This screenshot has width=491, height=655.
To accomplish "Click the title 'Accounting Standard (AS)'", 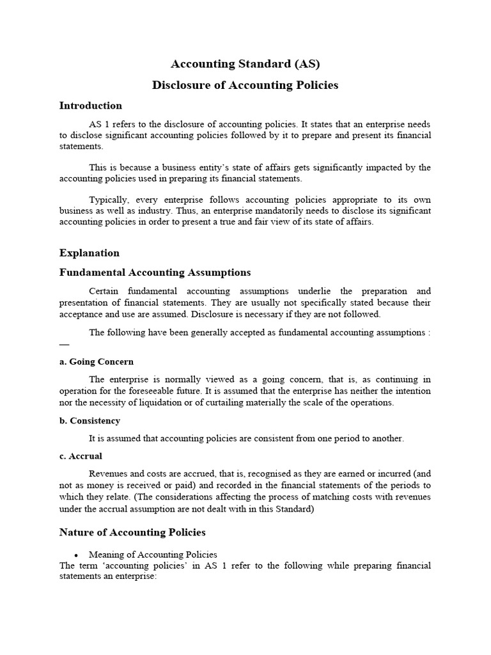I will pos(245,64).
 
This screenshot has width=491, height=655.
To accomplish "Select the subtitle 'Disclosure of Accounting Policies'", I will pos(245,85).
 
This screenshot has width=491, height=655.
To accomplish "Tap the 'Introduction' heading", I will pos(90,106).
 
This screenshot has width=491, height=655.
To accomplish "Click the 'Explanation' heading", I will pos(89,253).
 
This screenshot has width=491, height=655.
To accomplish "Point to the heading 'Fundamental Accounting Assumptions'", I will pos(155,272).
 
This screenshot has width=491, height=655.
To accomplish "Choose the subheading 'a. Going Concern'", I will pos(96,361).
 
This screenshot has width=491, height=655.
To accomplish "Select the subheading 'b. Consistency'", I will pos(90,421).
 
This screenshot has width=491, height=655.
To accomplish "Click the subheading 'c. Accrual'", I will pos(81,456).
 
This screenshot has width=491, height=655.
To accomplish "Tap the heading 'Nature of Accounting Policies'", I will pos(132,532).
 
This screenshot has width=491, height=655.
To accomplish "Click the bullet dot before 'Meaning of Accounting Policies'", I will pos(76,555).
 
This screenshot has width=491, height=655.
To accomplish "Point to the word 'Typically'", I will pos(108,199).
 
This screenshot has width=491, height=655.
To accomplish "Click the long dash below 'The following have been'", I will pos(64,344).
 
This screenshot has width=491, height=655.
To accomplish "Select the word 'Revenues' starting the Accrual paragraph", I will pos(109,474).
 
